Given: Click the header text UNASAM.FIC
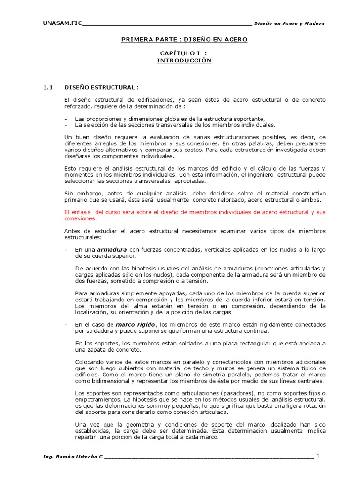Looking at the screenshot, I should [62, 23].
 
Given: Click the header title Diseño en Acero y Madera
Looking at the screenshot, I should [289, 23].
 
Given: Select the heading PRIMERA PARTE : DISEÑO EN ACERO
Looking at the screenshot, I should [184, 39].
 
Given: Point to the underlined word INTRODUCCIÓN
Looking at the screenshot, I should [184, 61].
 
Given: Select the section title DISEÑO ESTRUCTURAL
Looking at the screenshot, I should [101, 88].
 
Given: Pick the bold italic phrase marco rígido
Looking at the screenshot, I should [135, 324].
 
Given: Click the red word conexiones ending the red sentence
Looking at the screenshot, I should [80, 218].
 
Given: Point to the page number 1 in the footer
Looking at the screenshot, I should [317, 457].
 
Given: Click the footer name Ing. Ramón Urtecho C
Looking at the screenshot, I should [72, 457].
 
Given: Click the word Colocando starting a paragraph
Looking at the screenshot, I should [89, 361].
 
